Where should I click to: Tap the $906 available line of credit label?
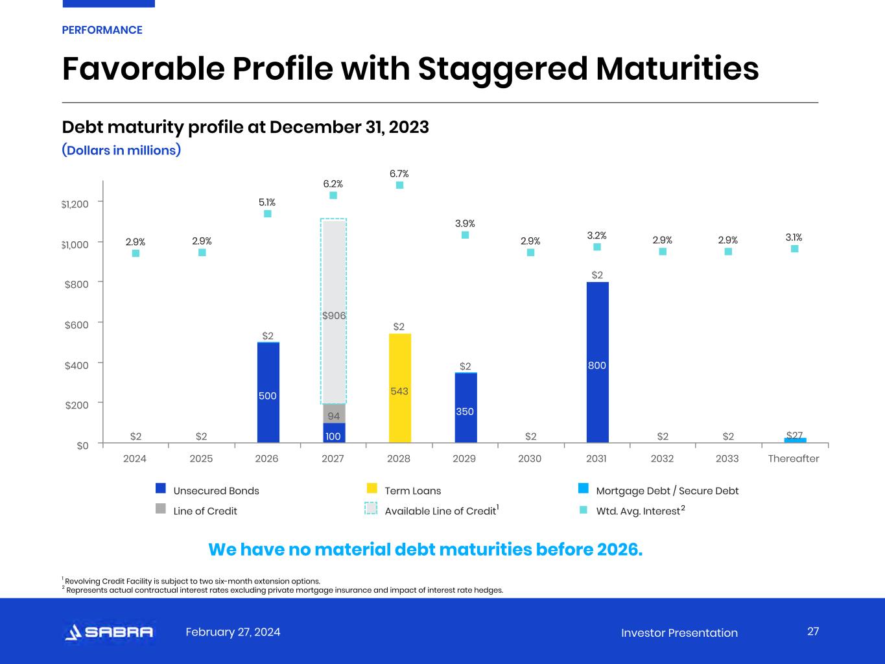tap(334, 316)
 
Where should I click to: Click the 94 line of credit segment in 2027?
tap(334, 415)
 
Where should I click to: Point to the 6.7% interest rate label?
tap(399, 174)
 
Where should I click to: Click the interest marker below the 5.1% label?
tap(267, 214)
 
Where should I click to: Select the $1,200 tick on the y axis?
tap(75, 204)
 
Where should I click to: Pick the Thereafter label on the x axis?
tap(794, 458)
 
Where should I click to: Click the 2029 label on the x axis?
tap(464, 458)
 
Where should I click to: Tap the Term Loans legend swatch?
tap(372, 488)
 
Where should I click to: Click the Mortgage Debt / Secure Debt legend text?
tap(667, 491)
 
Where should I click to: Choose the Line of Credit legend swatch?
tap(161, 508)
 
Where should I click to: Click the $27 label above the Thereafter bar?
tap(794, 435)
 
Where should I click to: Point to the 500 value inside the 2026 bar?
tap(268, 396)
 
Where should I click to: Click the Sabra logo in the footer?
tap(110, 632)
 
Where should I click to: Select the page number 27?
tap(813, 632)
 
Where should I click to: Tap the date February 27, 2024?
tap(233, 632)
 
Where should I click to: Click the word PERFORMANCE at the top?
tap(102, 30)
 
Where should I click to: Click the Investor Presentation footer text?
tap(679, 633)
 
